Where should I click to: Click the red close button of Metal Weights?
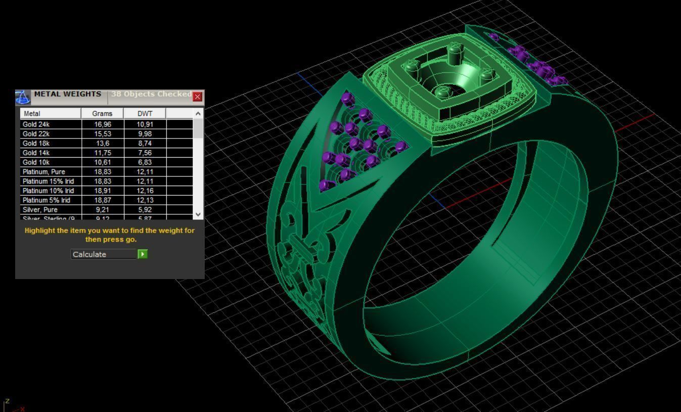tap(198, 97)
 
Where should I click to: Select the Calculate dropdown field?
tap(104, 254)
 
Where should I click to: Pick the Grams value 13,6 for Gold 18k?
tap(102, 144)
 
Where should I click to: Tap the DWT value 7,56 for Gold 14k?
tap(145, 153)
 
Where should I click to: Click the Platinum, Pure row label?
tap(43, 172)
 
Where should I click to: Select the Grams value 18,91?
tap(102, 191)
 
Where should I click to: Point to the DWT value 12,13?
tap(145, 200)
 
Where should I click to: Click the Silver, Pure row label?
tap(40, 210)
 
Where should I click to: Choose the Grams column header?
tap(102, 114)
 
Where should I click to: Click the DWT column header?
tap(145, 114)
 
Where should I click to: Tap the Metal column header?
tap(32, 114)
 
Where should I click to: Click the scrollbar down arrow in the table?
tap(198, 214)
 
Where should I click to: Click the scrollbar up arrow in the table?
tap(198, 113)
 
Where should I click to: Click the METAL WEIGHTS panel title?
tap(67, 94)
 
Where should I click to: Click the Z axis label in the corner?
tap(7, 401)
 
